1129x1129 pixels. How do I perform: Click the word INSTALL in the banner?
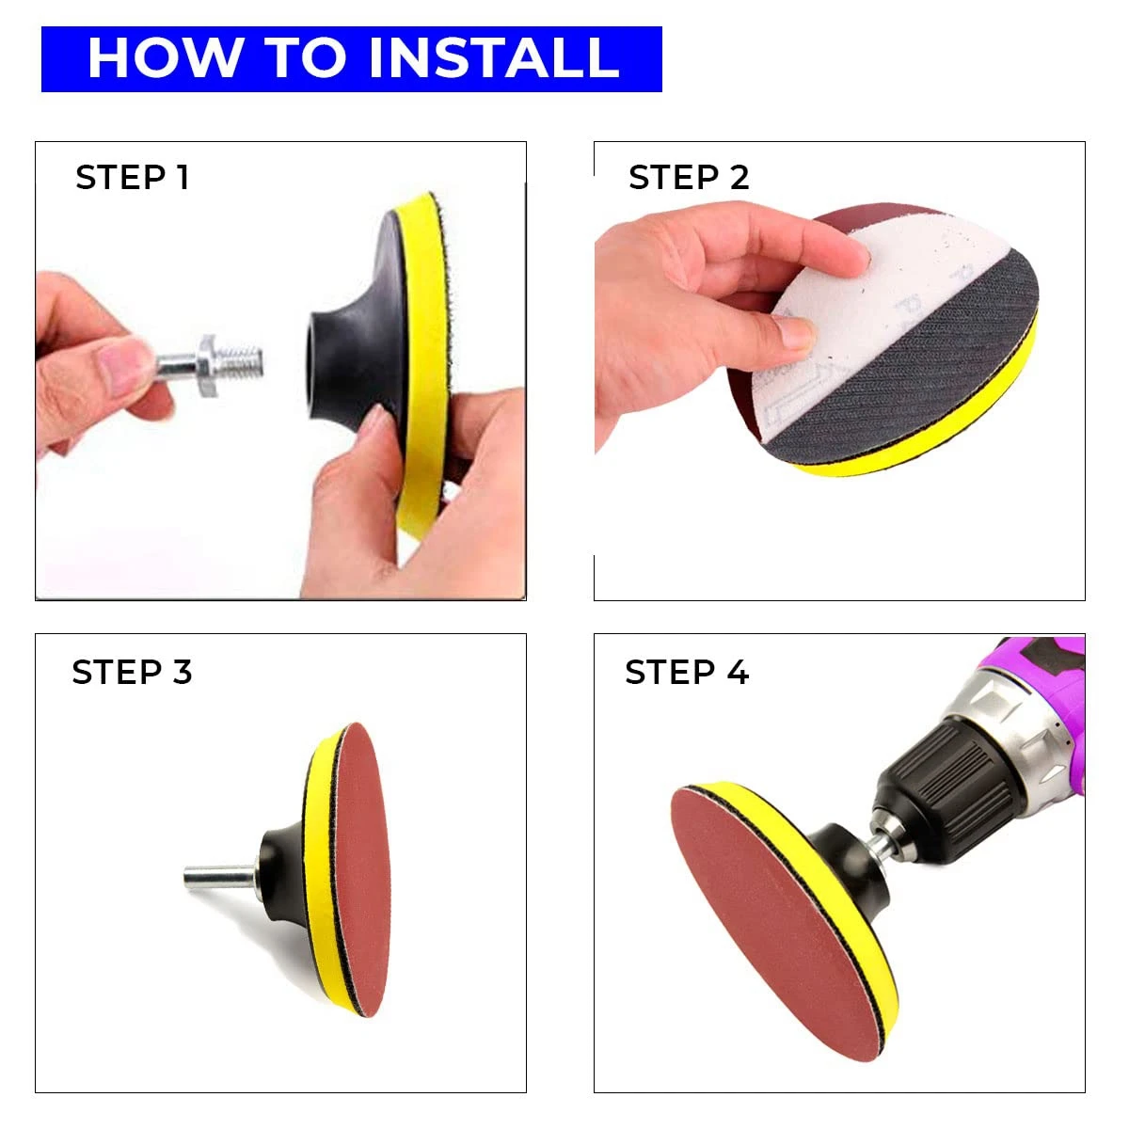click(x=493, y=58)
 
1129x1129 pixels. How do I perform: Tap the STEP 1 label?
click(x=133, y=178)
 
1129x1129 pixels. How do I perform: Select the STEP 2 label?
click(x=689, y=178)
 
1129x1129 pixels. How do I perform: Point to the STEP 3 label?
click(x=132, y=673)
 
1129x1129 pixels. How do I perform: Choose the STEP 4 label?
click(x=687, y=673)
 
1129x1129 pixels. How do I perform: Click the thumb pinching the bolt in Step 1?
click(x=122, y=362)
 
